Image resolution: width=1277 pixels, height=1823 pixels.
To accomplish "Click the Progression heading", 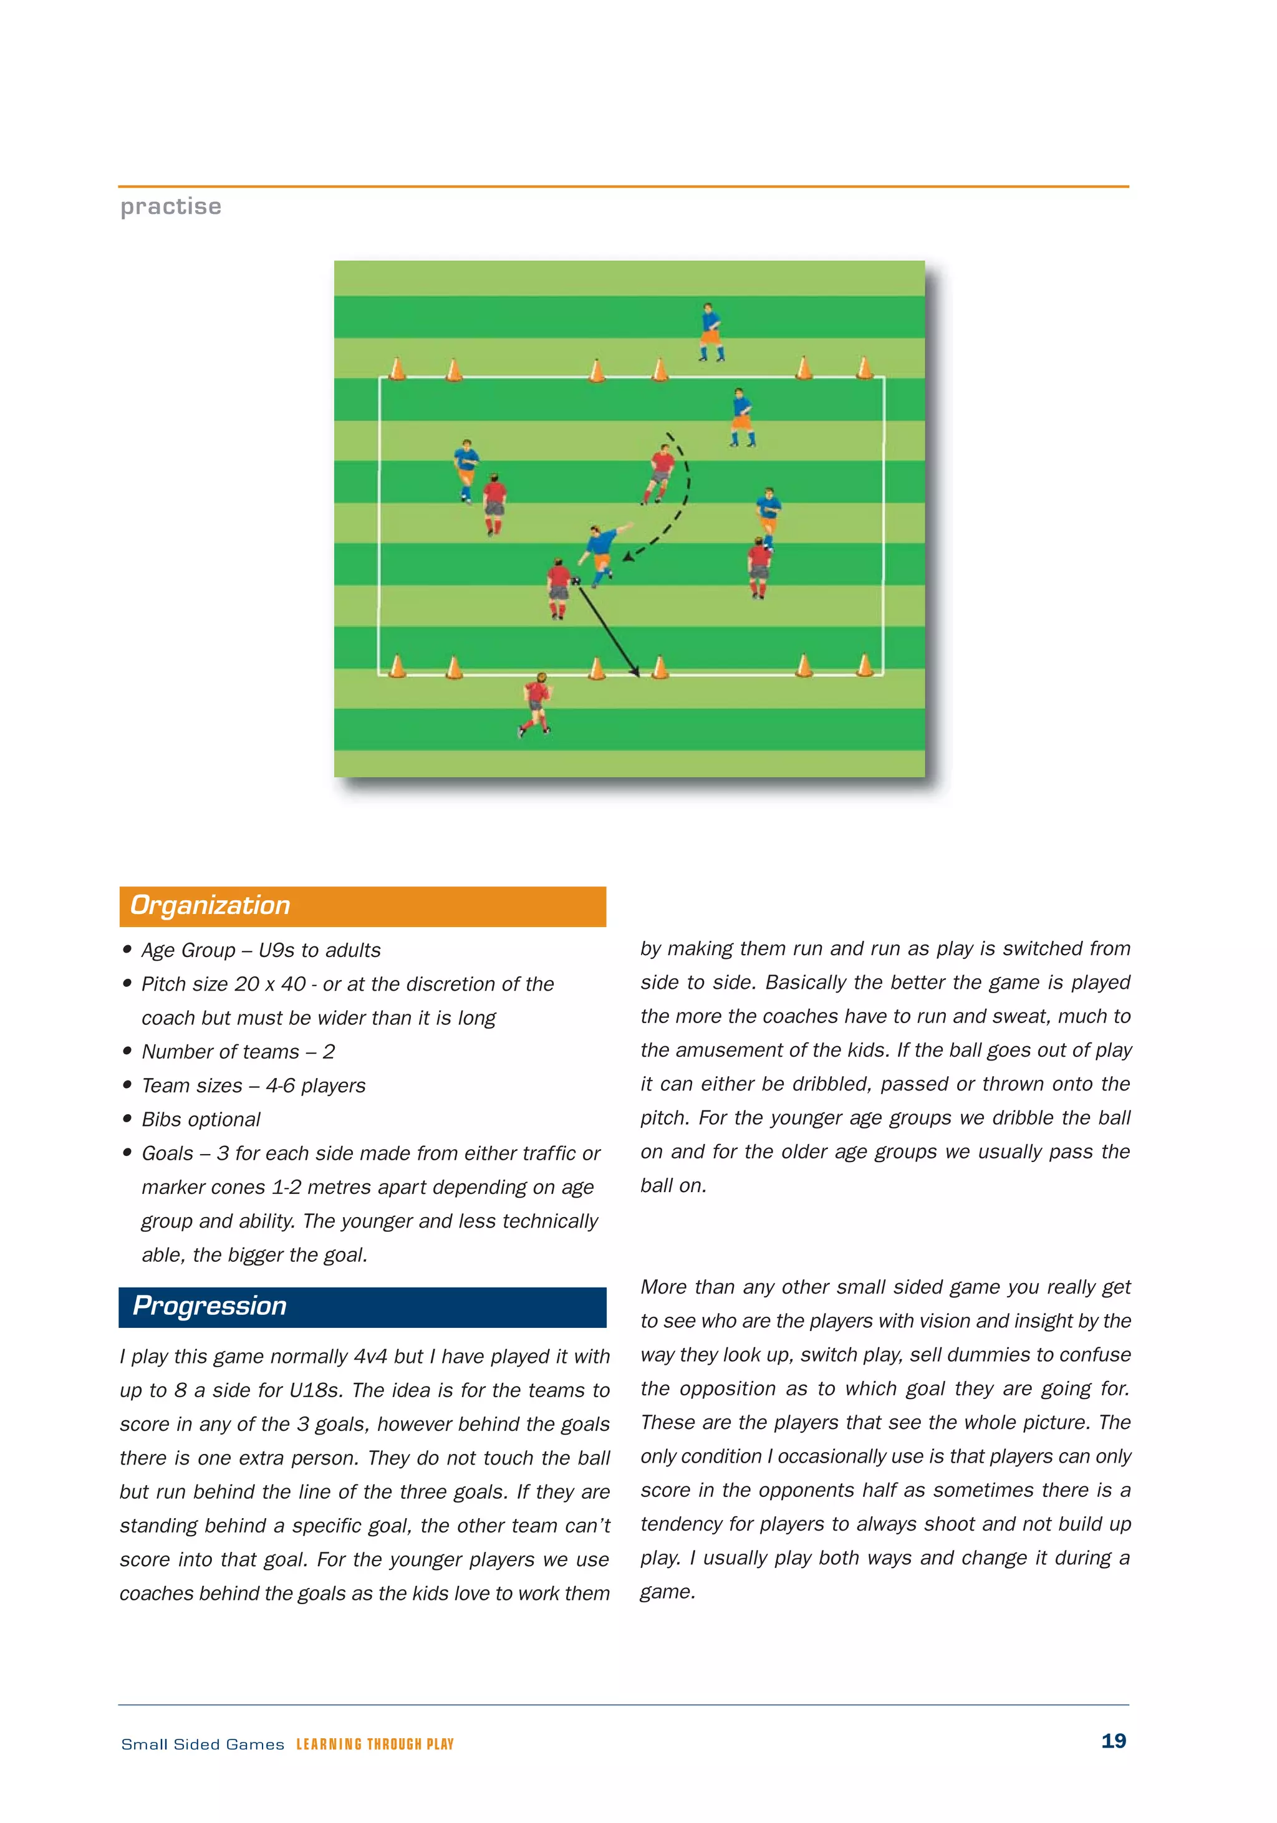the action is pyautogui.click(x=210, y=1306).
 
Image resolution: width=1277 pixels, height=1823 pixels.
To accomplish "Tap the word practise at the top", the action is pyautogui.click(x=171, y=206).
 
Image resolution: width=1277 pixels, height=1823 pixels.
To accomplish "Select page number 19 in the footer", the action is pyautogui.click(x=1114, y=1741).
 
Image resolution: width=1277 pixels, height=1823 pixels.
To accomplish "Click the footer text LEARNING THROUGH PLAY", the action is pyautogui.click(x=375, y=1744).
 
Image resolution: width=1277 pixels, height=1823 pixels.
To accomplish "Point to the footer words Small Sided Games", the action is pyautogui.click(x=203, y=1744).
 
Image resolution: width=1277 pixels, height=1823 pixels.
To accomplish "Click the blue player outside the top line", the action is pyautogui.click(x=710, y=332).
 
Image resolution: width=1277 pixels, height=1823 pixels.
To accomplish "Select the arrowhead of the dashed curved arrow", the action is pyautogui.click(x=627, y=557).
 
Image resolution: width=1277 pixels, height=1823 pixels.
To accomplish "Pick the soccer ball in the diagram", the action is pyautogui.click(x=576, y=581).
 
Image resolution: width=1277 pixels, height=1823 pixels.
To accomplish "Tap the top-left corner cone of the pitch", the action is pyautogui.click(x=397, y=368).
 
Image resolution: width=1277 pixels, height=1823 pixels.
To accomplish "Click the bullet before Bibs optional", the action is pyautogui.click(x=127, y=1118).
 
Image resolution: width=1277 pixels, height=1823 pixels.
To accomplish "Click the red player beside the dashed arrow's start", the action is pyautogui.click(x=659, y=474).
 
